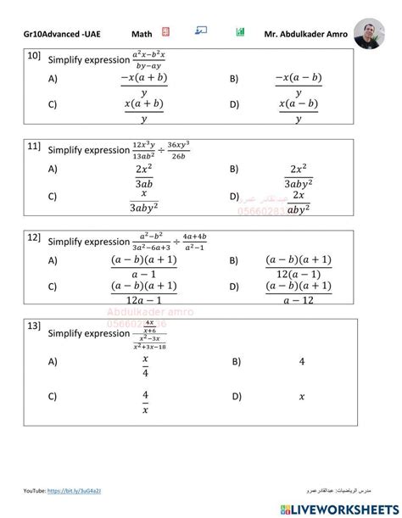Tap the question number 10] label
tap(34, 56)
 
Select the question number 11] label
tap(34, 147)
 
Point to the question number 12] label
tap(34, 237)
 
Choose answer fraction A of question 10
tap(143, 85)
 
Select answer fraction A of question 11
tap(143, 175)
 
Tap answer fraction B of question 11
tap(298, 175)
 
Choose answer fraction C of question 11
tap(143, 200)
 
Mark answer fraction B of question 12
tap(298, 266)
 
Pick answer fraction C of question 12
tap(143, 292)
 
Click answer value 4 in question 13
tap(302, 361)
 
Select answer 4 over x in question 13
tap(145, 401)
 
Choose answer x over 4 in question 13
tap(145, 366)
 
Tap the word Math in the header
tap(142, 35)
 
